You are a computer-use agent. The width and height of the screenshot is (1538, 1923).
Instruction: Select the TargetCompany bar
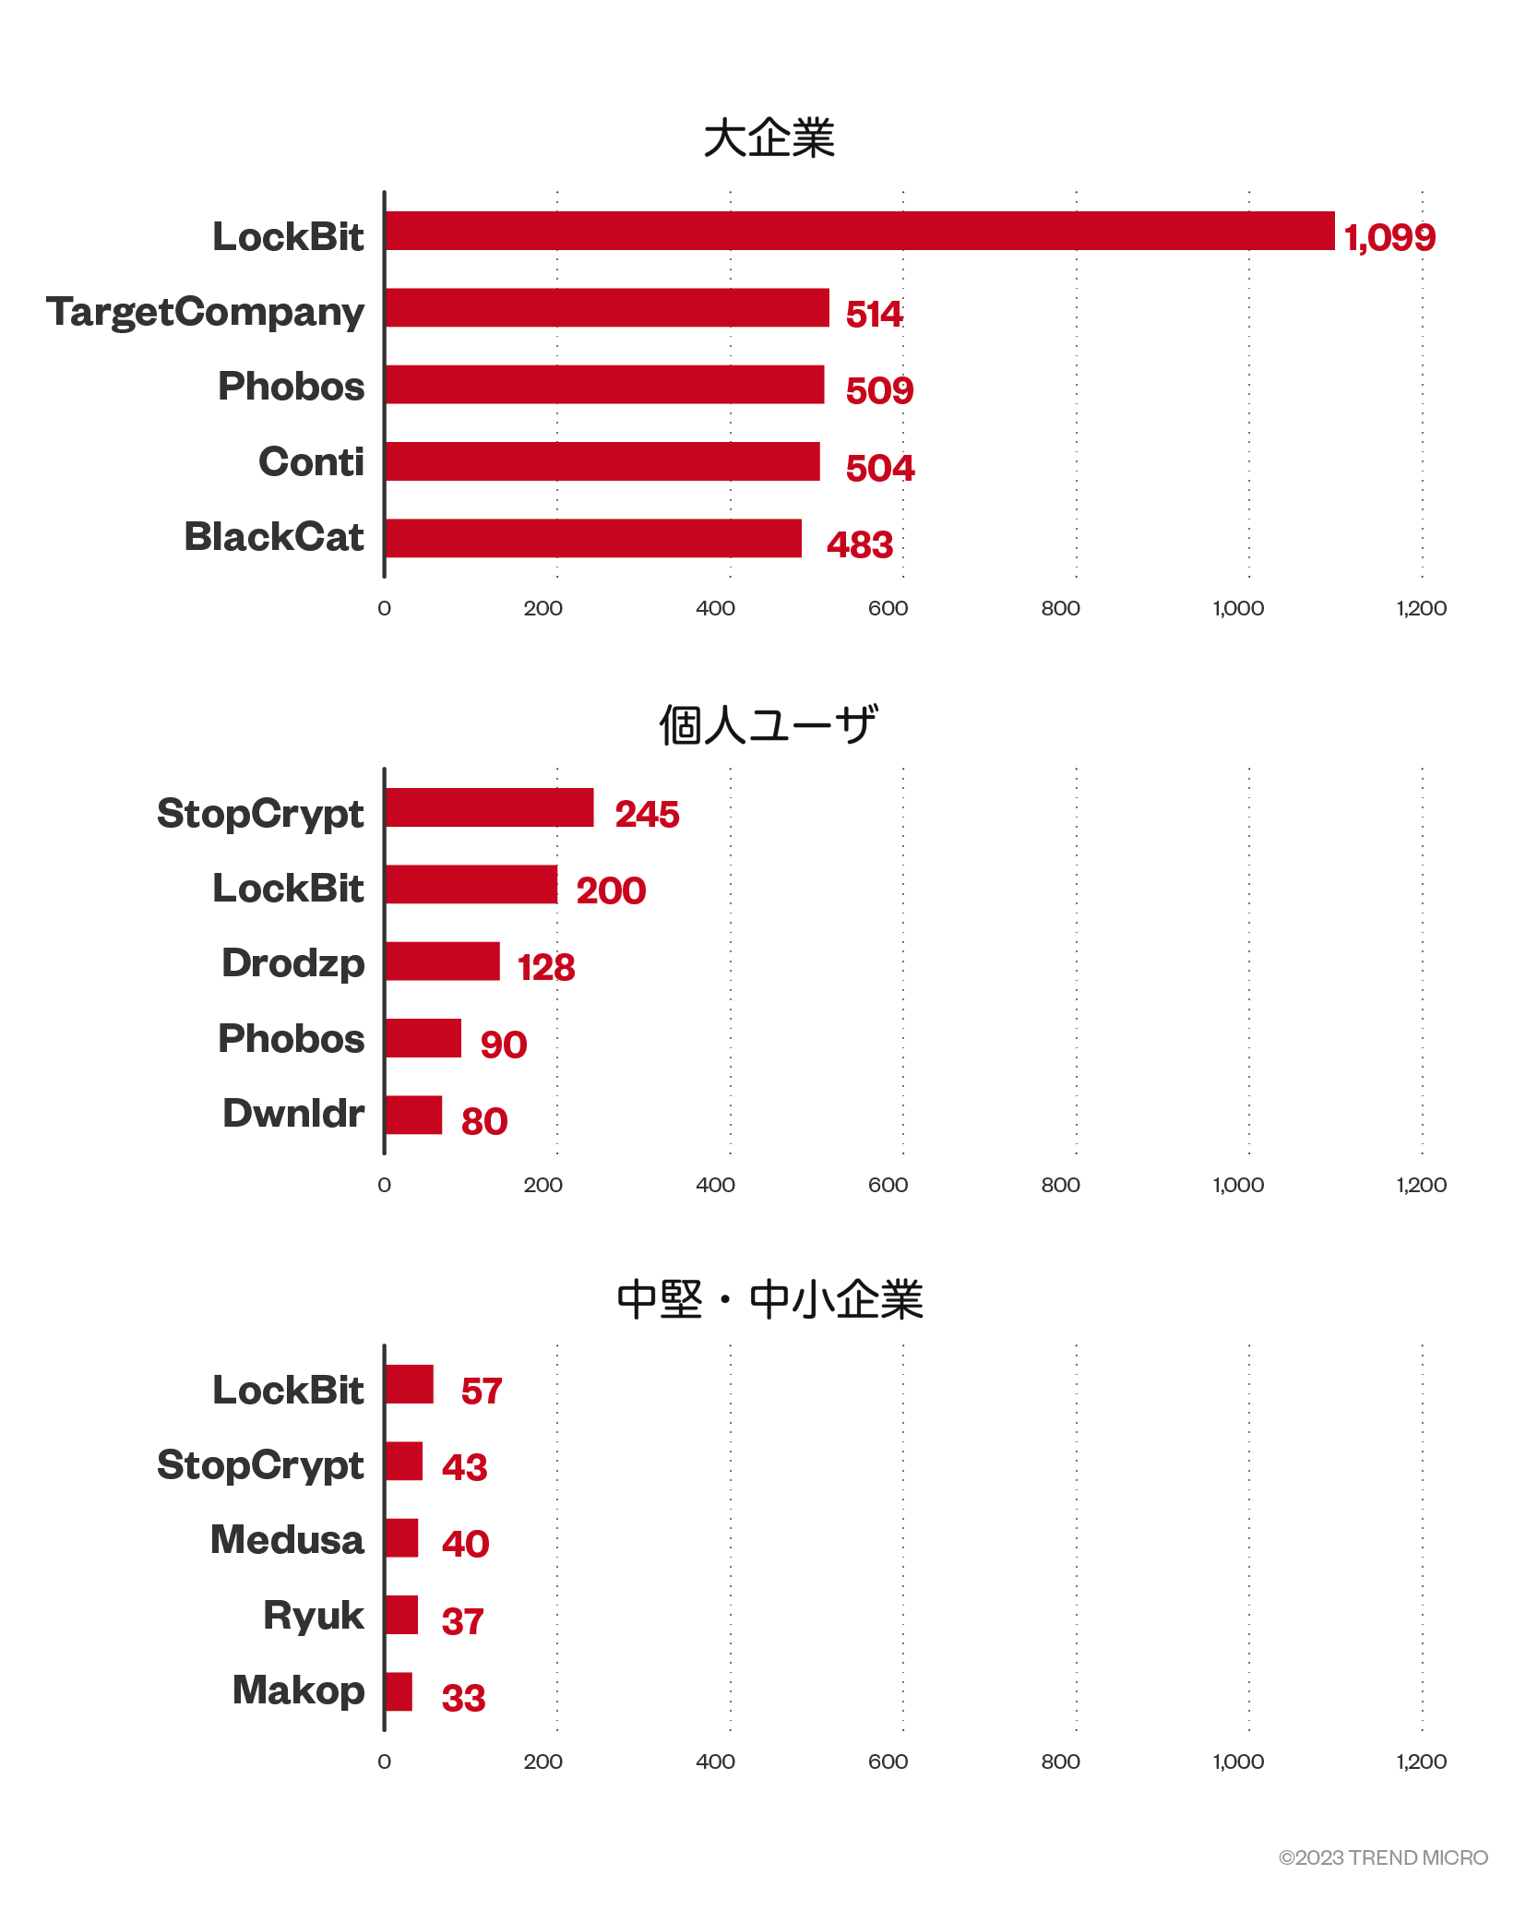click(x=607, y=307)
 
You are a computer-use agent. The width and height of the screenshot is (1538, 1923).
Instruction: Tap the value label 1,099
click(x=1389, y=238)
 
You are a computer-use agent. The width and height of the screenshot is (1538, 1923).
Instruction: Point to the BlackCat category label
click(x=274, y=537)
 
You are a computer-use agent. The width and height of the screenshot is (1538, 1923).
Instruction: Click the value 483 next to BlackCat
click(x=860, y=545)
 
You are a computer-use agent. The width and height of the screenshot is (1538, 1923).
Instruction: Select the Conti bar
click(x=602, y=461)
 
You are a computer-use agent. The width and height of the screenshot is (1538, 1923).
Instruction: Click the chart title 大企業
click(x=769, y=138)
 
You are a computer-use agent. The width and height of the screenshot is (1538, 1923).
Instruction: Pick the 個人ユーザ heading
click(x=769, y=724)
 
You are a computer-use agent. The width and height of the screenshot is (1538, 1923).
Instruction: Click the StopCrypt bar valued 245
click(x=490, y=807)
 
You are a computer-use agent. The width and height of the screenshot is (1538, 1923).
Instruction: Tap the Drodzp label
click(x=293, y=963)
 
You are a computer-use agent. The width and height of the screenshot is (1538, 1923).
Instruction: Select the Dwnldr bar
click(x=414, y=1115)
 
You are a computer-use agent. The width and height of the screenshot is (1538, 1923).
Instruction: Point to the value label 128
click(x=546, y=968)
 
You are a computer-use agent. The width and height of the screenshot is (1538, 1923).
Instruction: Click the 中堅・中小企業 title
click(x=769, y=1300)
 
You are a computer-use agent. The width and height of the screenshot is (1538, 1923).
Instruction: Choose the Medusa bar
click(x=402, y=1538)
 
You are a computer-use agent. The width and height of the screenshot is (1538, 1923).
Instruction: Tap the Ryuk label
click(x=314, y=1616)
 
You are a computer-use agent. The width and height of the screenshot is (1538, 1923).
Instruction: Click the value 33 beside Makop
click(x=463, y=1699)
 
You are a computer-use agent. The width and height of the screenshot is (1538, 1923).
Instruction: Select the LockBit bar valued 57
click(x=410, y=1384)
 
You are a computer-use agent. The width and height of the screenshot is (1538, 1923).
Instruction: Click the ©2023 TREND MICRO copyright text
click(x=1383, y=1857)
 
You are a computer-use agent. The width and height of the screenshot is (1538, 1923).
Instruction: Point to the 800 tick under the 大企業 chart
click(x=1060, y=608)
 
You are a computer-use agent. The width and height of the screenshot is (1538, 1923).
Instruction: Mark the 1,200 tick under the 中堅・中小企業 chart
click(x=1421, y=1762)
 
